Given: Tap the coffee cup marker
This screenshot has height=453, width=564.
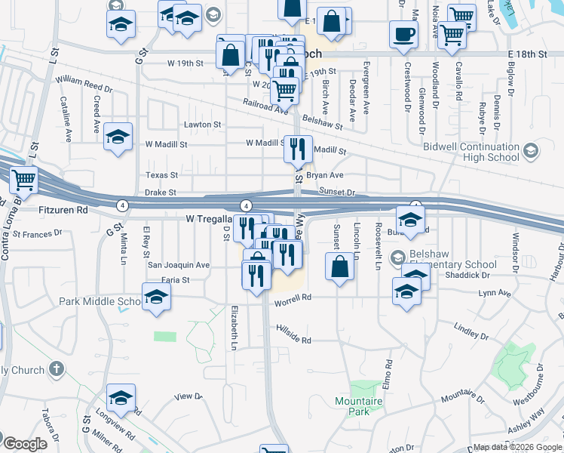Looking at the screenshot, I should [x=403, y=34].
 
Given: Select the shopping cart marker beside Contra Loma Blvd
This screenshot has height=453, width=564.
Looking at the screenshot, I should [x=24, y=180].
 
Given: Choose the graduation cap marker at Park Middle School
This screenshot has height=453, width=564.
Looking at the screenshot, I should [x=156, y=297].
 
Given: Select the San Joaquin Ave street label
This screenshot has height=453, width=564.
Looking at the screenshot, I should [x=178, y=265].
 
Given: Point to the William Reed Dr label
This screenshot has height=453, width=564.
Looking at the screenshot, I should [x=84, y=79].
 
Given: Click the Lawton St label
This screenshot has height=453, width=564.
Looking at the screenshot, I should [x=202, y=125].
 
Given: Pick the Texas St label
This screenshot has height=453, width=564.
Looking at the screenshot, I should [x=161, y=175].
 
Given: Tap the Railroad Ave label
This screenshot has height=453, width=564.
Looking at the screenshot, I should [x=265, y=106].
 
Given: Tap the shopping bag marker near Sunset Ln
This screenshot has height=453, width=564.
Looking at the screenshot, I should [x=339, y=267].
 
